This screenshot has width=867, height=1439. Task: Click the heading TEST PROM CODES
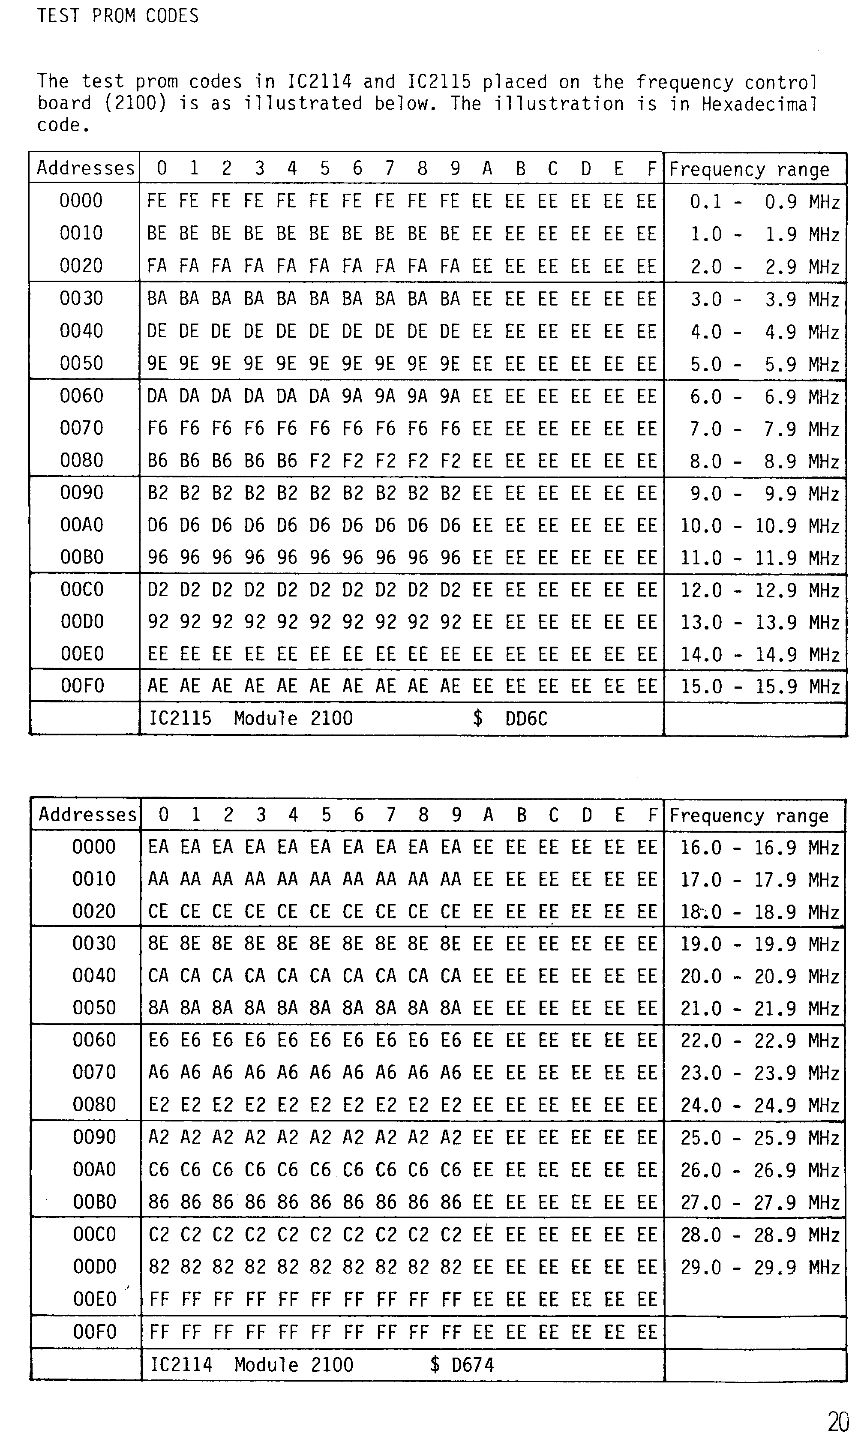117,16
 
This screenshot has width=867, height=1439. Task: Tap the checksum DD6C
526,718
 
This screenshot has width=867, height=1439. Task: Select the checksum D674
473,1365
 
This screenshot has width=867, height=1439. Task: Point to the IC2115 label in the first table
180,718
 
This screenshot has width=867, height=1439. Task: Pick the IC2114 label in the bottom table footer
181,1365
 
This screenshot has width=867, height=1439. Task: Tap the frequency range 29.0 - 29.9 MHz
759,1267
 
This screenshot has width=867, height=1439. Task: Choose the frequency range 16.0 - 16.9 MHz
759,848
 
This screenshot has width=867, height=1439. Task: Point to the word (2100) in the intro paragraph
135,104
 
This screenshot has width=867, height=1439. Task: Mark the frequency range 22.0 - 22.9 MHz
759,1041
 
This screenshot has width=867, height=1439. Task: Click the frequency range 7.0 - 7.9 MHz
764,429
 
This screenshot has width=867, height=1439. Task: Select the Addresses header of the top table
85,168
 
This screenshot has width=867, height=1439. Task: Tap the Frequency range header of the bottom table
749,816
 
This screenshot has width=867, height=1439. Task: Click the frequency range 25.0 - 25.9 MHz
759,1138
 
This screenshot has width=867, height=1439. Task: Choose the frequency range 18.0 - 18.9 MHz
759,912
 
